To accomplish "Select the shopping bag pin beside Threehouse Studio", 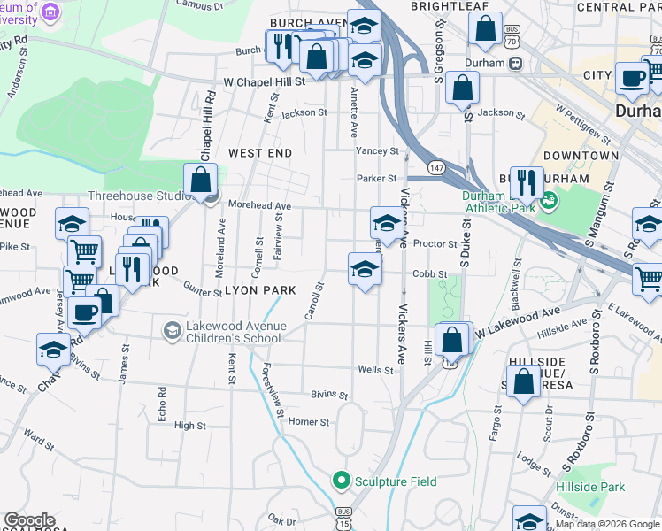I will coord(202,180).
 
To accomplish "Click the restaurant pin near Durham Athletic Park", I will coord(527,182).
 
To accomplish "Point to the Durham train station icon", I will coord(515,64).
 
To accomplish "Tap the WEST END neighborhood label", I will coord(259,153).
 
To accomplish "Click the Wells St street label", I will coord(374,369).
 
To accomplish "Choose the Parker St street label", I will coord(376,178).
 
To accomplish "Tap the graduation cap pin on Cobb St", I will coord(365,269).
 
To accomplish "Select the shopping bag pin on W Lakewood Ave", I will coord(452,339).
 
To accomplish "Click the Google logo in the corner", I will coord(28,521).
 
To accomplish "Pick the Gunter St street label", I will coord(203,291).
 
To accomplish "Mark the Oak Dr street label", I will coord(281,520).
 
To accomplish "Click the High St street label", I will coord(189,426).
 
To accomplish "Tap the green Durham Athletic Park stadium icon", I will coord(549,200).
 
